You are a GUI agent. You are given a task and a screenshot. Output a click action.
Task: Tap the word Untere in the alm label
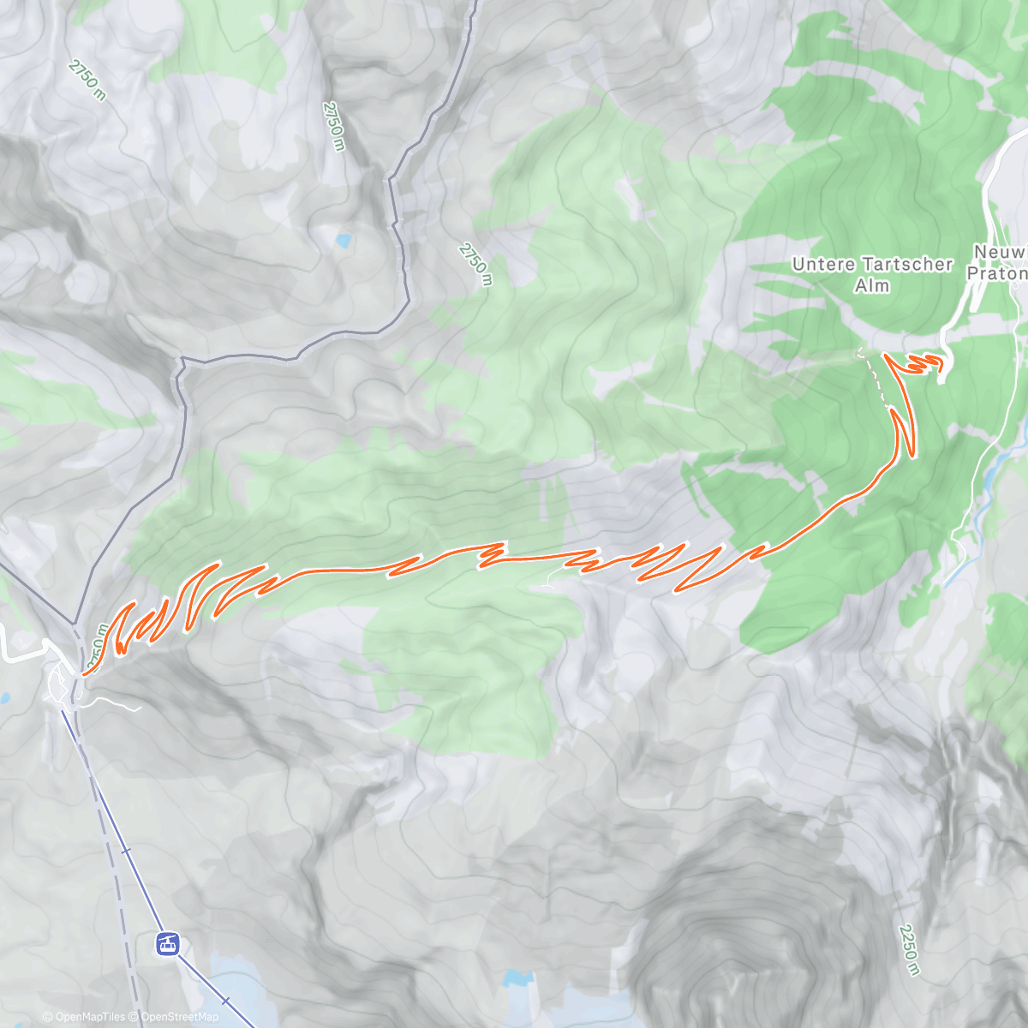click(x=823, y=265)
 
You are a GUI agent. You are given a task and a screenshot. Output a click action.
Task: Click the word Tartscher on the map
click(x=907, y=265)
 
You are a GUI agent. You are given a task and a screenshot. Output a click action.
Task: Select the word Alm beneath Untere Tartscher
click(x=872, y=285)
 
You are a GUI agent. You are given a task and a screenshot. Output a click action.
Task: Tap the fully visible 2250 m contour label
click(x=909, y=949)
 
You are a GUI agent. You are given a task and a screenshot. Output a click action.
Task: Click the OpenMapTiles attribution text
click(x=90, y=1017)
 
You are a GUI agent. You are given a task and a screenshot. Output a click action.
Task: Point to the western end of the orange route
click(x=83, y=675)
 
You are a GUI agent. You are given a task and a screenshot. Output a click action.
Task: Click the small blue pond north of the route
click(x=344, y=242)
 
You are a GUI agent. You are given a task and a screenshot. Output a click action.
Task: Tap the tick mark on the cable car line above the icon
click(x=126, y=851)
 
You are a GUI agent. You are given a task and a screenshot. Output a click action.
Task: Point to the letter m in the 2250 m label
click(x=915, y=969)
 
